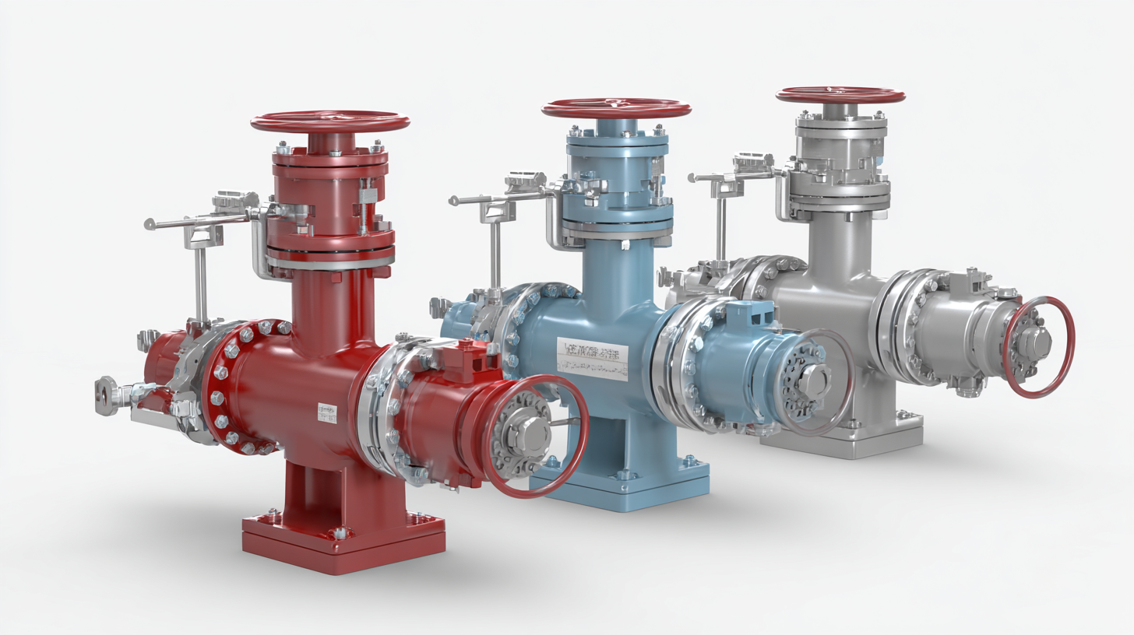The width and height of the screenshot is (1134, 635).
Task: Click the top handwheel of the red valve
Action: click(329, 122)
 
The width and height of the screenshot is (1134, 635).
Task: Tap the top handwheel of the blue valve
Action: click(616, 108)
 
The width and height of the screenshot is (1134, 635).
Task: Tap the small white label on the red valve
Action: click(328, 412)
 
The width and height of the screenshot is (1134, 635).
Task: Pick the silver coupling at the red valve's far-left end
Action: click(109, 393)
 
